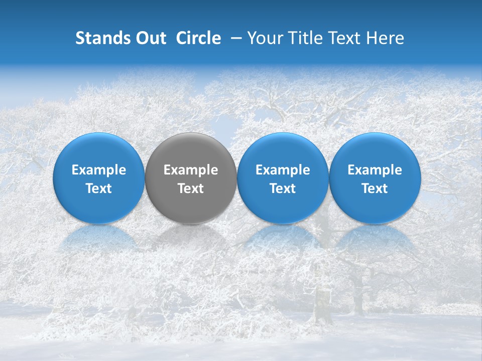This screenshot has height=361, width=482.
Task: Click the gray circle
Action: (191, 150)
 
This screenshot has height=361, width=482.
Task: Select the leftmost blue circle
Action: (99, 150)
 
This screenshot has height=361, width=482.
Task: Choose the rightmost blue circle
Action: (375, 150)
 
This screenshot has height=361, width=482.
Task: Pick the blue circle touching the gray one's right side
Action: (283, 150)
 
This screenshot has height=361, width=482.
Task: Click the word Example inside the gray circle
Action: (191, 170)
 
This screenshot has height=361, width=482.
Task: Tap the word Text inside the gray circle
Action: (191, 189)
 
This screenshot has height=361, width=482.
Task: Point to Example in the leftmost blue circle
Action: (99, 170)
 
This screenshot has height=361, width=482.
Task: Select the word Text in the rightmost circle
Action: (375, 189)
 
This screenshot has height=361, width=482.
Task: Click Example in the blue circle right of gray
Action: (283, 170)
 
